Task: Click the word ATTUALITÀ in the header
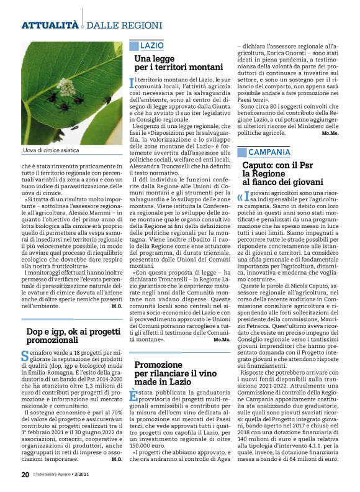pos(50,25)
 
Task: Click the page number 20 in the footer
pos(25,474)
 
